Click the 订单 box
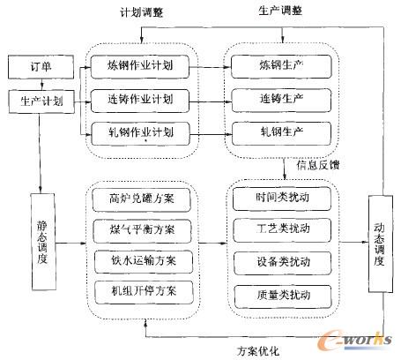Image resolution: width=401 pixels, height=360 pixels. click(33, 66)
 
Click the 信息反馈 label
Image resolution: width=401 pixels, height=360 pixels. click(312, 165)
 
